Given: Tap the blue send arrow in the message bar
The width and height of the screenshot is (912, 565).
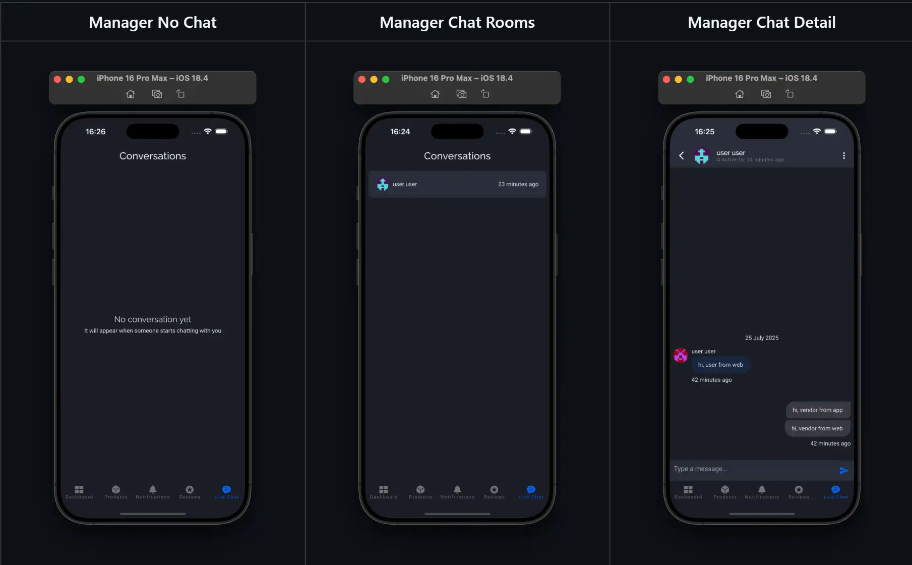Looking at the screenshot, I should tap(843, 471).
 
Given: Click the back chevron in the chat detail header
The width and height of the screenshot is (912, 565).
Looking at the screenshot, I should tap(682, 156).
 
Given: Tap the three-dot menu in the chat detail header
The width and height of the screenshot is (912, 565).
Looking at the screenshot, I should tap(843, 156).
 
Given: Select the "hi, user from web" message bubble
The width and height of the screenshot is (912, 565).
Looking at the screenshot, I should tap(720, 365).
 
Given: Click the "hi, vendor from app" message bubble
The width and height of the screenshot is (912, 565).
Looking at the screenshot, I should tap(817, 410).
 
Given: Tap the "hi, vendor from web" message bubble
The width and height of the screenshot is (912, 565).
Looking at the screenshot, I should tap(817, 428).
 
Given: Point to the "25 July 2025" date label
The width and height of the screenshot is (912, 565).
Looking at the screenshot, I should tap(761, 338).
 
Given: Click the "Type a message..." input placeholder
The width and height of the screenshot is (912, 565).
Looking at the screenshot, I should tap(701, 469).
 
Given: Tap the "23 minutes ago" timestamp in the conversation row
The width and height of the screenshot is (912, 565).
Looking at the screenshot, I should tap(518, 185).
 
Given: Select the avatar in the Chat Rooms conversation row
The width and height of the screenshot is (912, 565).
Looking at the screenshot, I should tap(383, 185).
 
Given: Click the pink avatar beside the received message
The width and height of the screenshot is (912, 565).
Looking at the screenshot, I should tap(681, 356).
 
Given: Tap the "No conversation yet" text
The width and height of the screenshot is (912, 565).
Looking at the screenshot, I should tap(152, 319).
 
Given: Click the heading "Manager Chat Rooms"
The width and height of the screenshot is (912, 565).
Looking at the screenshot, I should tap(457, 23).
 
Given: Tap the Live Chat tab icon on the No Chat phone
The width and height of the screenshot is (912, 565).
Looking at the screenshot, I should tap(226, 489).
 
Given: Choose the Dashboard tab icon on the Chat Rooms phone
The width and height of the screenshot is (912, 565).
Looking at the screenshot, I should tap(384, 489).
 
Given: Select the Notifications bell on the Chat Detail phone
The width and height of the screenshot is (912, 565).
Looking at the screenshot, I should tap(762, 489).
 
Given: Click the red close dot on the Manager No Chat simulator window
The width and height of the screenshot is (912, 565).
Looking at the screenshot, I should tap(57, 79).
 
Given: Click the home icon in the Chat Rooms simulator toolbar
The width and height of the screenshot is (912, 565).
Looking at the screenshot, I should tap(435, 94).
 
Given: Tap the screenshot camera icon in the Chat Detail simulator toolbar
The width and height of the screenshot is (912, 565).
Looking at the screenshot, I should tap(766, 94).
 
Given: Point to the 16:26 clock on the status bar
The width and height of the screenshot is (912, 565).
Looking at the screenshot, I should tap(95, 132).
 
